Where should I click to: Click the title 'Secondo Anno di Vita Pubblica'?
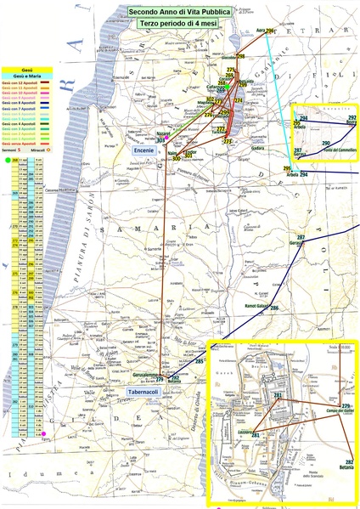pyautogui.click(x=179, y=12)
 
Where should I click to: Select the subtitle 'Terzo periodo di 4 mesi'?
pyautogui.click(x=179, y=26)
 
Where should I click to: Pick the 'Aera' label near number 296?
pyautogui.click(x=261, y=31)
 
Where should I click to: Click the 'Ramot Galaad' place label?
pyautogui.click(x=256, y=305)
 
